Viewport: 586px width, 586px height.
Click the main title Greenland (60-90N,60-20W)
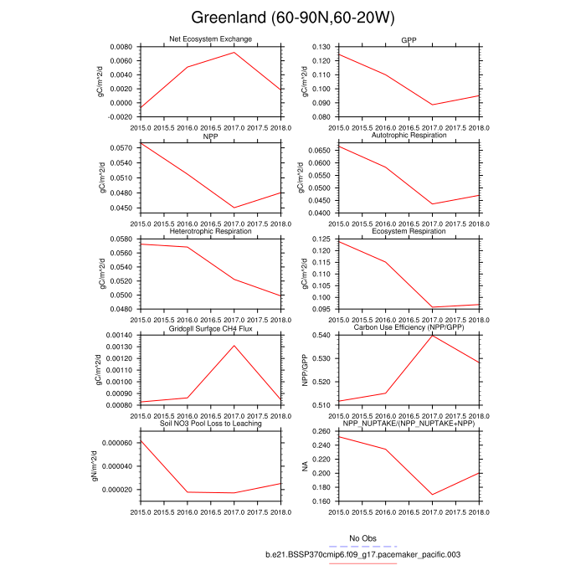(x=292, y=18)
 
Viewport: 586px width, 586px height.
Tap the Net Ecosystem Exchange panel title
(x=213, y=39)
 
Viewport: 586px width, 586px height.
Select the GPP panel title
(x=409, y=39)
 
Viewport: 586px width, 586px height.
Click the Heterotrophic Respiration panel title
(x=213, y=231)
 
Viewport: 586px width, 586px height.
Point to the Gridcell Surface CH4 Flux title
(x=213, y=327)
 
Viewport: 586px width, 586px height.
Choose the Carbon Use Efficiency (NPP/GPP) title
(x=409, y=327)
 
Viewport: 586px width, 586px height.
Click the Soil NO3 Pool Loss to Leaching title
(x=213, y=424)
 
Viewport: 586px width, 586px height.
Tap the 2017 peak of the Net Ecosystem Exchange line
(x=234, y=53)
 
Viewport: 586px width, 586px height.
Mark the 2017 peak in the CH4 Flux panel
(x=234, y=346)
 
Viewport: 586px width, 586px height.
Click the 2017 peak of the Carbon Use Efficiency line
(x=432, y=335)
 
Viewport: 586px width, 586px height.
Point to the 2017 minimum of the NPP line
(x=234, y=208)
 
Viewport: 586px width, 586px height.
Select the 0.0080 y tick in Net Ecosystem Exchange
(x=120, y=47)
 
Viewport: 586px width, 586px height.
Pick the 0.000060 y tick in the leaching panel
(x=114, y=442)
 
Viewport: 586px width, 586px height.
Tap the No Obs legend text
(x=362, y=537)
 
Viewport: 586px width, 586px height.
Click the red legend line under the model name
(x=362, y=563)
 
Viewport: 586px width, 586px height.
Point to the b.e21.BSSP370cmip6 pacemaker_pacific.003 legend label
(x=362, y=554)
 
